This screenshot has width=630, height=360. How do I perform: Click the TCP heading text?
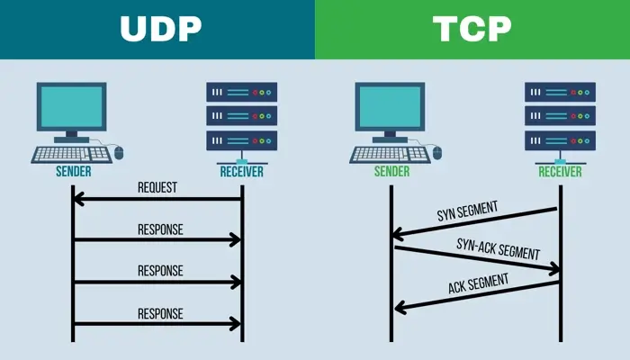[x=472, y=30]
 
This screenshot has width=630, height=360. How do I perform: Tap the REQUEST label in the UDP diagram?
[x=157, y=187]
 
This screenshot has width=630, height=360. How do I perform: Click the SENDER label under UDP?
[x=72, y=171]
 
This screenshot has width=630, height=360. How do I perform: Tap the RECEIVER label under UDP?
[x=242, y=171]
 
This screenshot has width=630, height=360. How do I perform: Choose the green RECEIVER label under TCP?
[x=560, y=171]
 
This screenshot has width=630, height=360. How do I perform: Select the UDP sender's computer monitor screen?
[x=72, y=107]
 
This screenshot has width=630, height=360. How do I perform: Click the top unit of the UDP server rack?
[x=241, y=92]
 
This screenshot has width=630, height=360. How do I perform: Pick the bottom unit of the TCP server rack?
[x=560, y=140]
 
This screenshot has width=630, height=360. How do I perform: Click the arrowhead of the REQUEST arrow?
[x=78, y=199]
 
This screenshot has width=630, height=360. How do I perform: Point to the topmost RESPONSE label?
[x=160, y=229]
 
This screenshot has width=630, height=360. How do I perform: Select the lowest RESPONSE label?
[x=160, y=313]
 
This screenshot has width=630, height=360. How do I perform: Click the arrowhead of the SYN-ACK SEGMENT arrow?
[x=555, y=269]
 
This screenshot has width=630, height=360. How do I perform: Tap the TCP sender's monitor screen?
[x=390, y=107]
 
